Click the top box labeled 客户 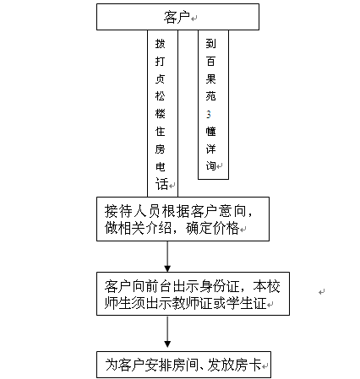[x=177, y=17]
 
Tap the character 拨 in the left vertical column [x=160, y=44]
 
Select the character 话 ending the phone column [x=161, y=184]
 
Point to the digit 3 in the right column [x=209, y=114]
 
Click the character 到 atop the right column [x=210, y=44]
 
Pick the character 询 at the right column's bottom [x=210, y=165]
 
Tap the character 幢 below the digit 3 [x=210, y=132]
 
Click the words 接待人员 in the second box [x=133, y=211]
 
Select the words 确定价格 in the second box [x=213, y=228]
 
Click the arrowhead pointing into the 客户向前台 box [x=167, y=268]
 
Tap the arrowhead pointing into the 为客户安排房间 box [x=167, y=344]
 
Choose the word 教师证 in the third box [x=193, y=303]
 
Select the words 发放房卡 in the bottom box [x=234, y=365]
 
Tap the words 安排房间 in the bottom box [x=172, y=365]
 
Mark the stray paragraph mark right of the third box [x=322, y=292]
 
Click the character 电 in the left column [x=160, y=167]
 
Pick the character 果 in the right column [x=210, y=79]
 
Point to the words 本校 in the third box [x=266, y=287]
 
